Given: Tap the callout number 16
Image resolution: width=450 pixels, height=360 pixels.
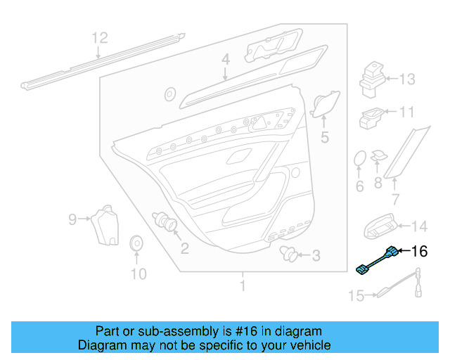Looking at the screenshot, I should tap(419, 251).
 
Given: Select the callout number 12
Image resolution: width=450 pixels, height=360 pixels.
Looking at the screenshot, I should tap(100, 37).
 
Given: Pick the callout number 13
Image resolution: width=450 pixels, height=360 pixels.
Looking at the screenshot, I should tap(408, 79).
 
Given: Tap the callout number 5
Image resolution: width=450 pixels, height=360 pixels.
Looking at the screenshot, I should tap(324, 138).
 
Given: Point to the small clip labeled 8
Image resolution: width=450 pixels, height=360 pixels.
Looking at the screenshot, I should tap(378, 155).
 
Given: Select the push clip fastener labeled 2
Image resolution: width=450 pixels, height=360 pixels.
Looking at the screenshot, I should tap(167, 222).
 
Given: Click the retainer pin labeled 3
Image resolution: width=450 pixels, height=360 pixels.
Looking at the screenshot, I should tap(286, 253).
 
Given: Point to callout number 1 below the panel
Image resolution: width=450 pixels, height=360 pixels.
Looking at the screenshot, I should tap(243, 286).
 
